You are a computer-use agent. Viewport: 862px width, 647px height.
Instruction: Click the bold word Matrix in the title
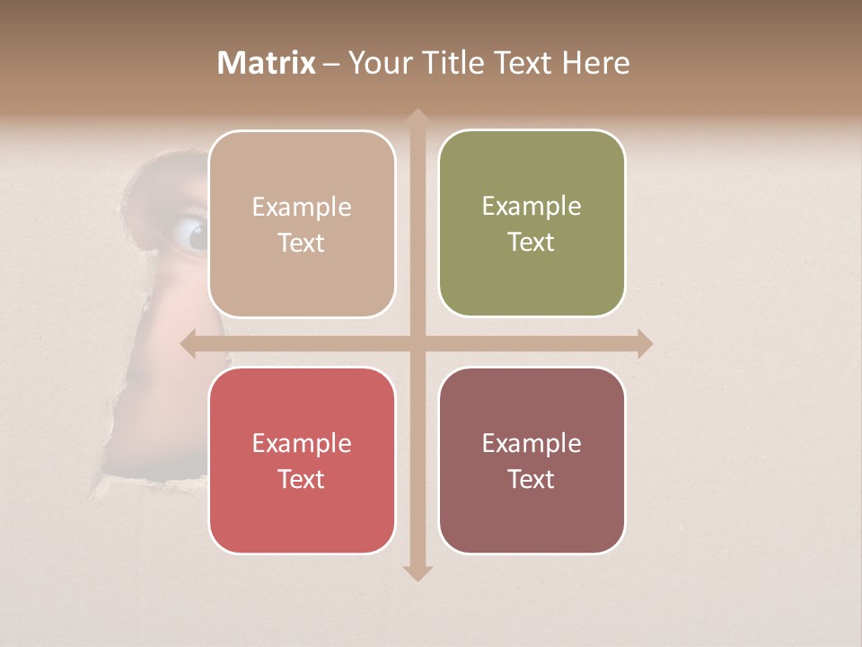pos(267,63)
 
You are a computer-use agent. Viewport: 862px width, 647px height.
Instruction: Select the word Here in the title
pos(594,63)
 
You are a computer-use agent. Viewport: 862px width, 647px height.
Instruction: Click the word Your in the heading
pos(379,63)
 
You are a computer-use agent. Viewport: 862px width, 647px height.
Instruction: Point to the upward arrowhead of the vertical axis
pos(417,117)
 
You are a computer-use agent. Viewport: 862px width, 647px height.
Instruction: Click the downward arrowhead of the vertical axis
pos(417,573)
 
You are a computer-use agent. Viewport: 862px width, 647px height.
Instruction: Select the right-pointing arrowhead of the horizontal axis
pos(645,344)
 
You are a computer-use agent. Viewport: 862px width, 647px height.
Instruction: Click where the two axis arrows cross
pos(417,344)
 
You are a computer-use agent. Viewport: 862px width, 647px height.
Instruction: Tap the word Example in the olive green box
pos(532,206)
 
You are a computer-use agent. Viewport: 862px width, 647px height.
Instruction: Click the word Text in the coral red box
pos(302,479)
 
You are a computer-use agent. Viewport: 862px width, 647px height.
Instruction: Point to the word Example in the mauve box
pos(532,443)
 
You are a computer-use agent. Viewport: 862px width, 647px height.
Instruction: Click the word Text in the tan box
pos(302,243)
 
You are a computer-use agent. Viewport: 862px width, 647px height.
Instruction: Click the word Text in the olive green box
pos(532,242)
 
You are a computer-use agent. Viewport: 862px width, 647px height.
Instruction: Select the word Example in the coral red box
pos(302,443)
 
